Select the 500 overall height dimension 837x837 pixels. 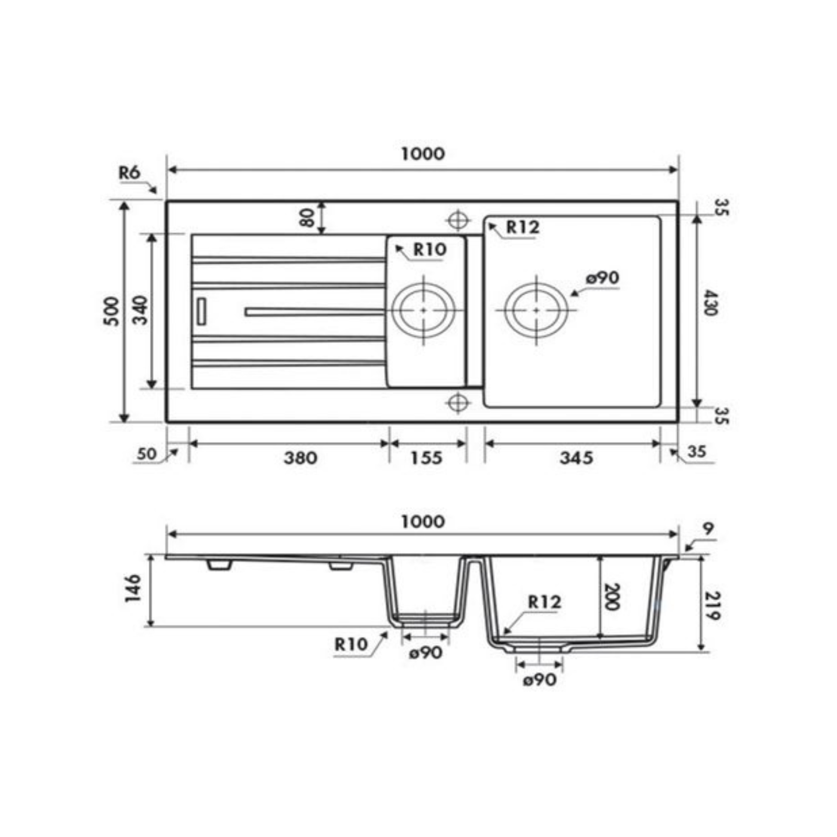[112, 311]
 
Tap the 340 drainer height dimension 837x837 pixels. [140, 310]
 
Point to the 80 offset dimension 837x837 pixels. [307, 217]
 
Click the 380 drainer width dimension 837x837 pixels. [301, 458]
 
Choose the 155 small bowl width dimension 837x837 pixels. [426, 458]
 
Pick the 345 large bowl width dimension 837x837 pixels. [576, 458]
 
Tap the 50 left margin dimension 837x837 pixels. [146, 454]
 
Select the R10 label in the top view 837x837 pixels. [430, 249]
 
